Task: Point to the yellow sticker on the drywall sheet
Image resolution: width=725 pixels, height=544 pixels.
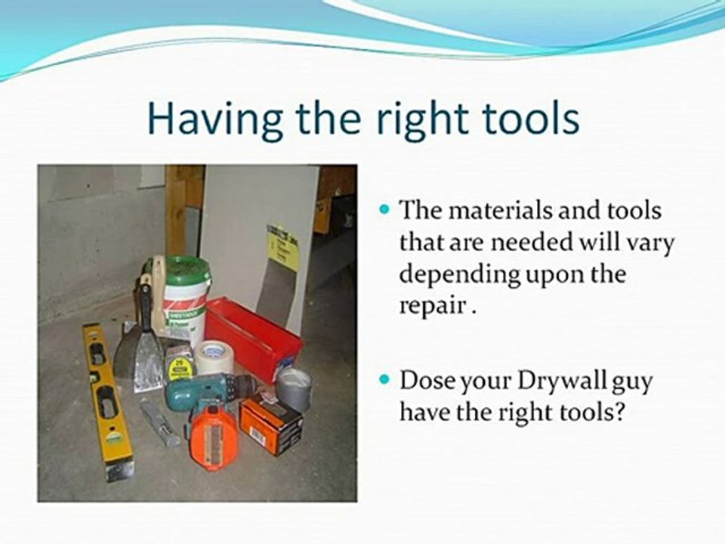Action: coord(283,246)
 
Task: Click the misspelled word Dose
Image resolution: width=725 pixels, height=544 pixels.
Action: coord(427,381)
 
